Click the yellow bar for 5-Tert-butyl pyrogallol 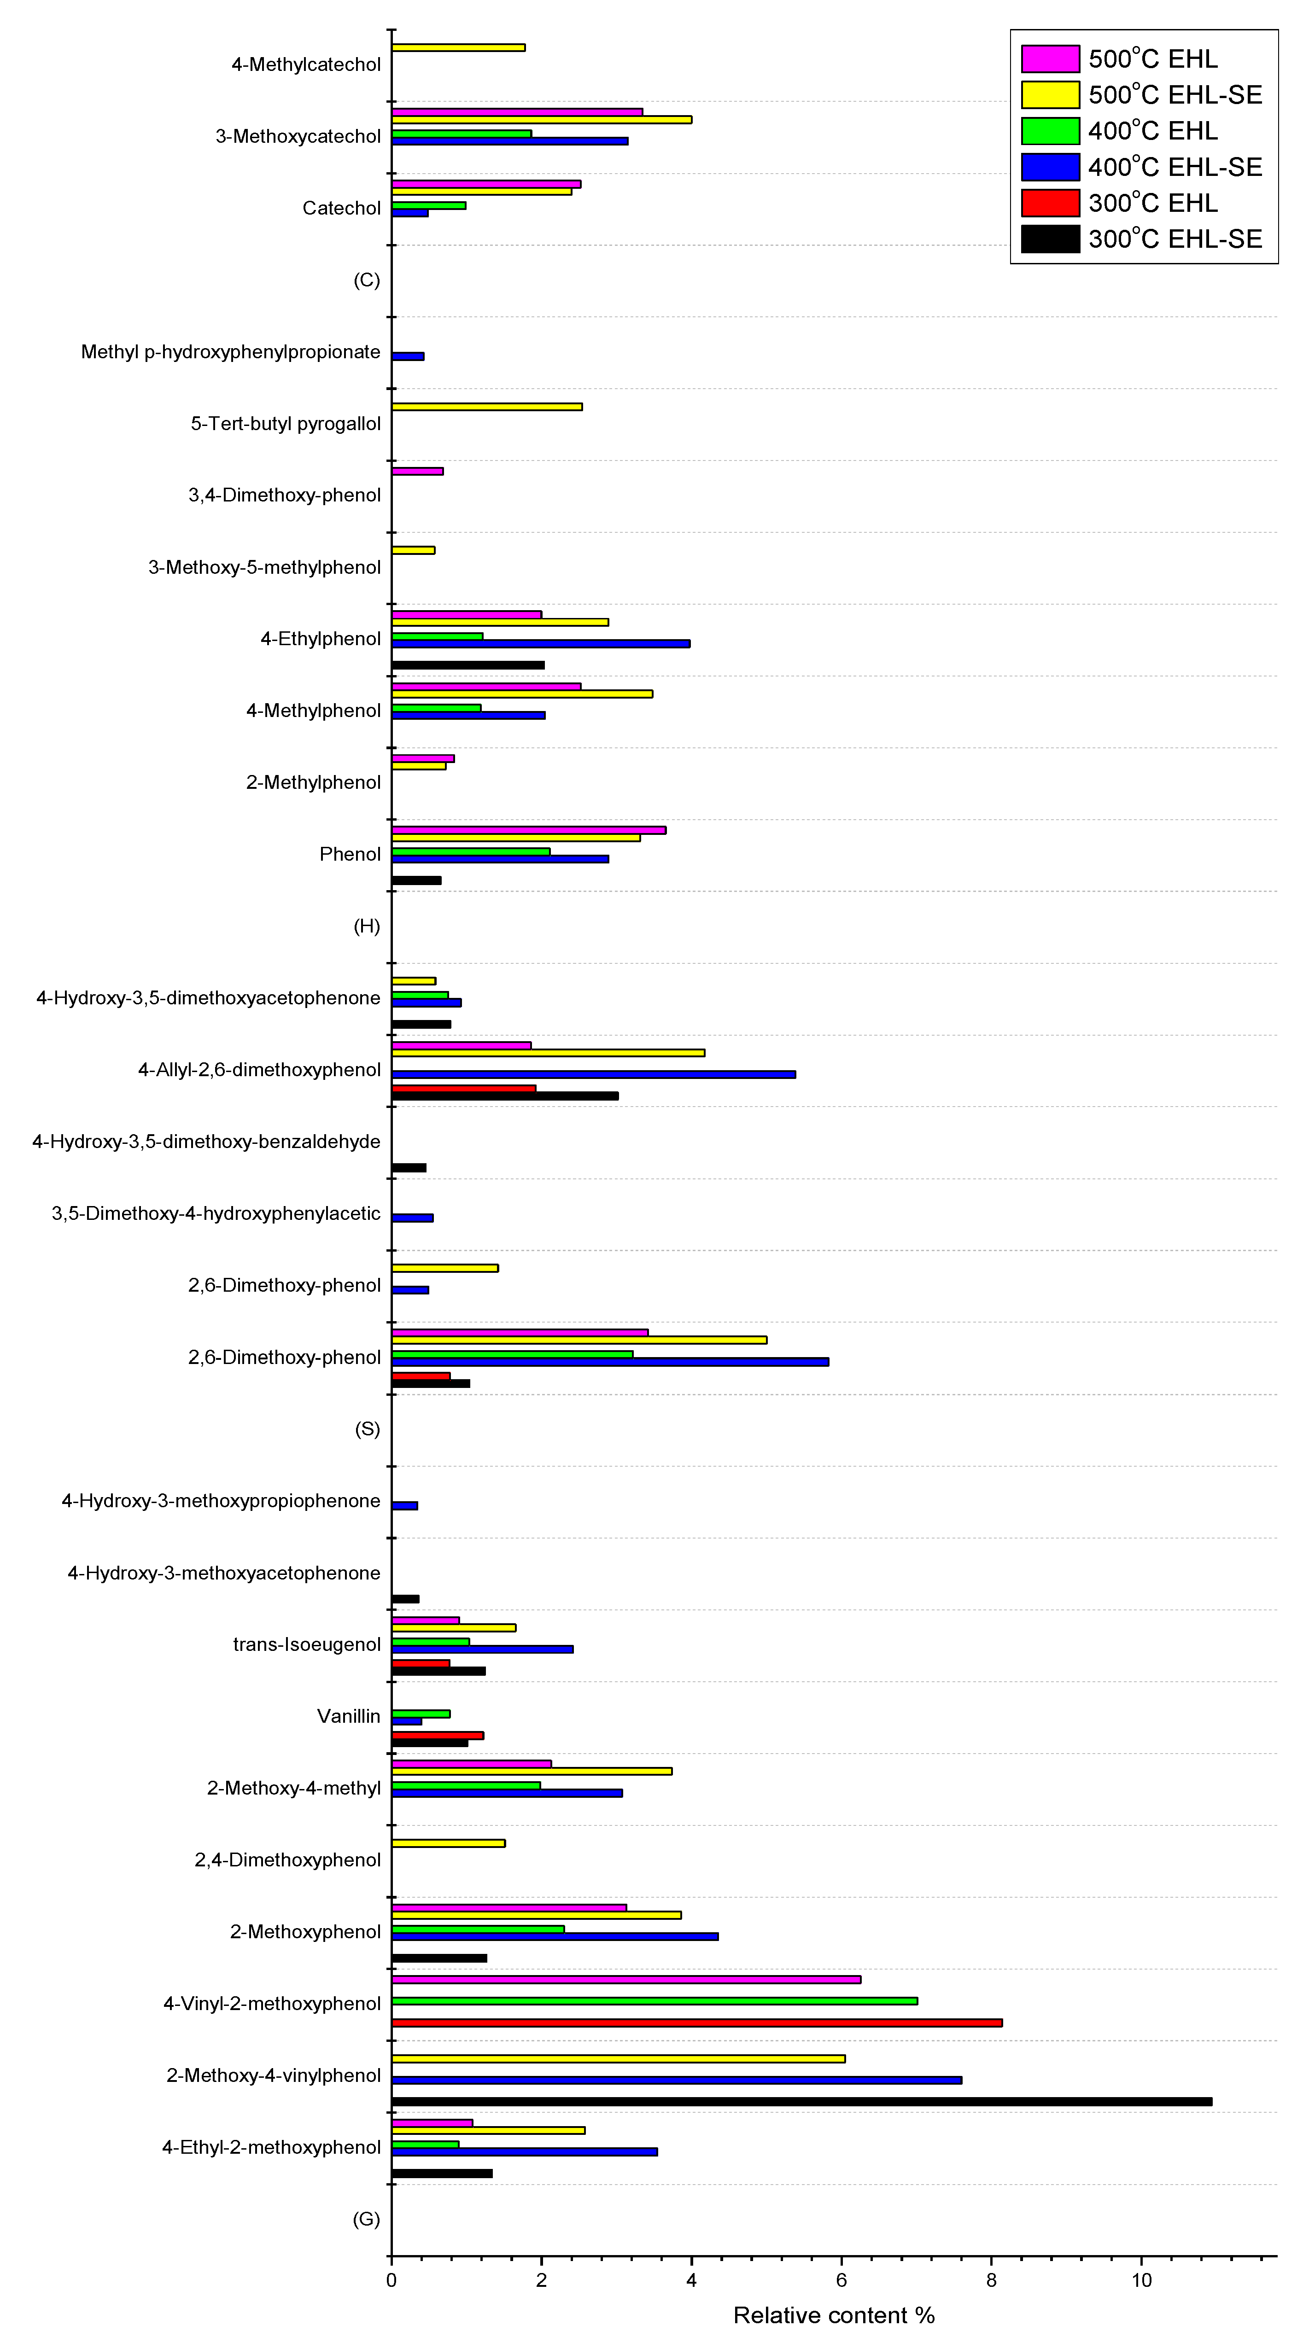486,407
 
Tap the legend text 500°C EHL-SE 1175,95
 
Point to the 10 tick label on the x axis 1141,2280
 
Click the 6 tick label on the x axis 841,2280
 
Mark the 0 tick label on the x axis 392,2280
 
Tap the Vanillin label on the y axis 349,1716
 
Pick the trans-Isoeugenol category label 306,1644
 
